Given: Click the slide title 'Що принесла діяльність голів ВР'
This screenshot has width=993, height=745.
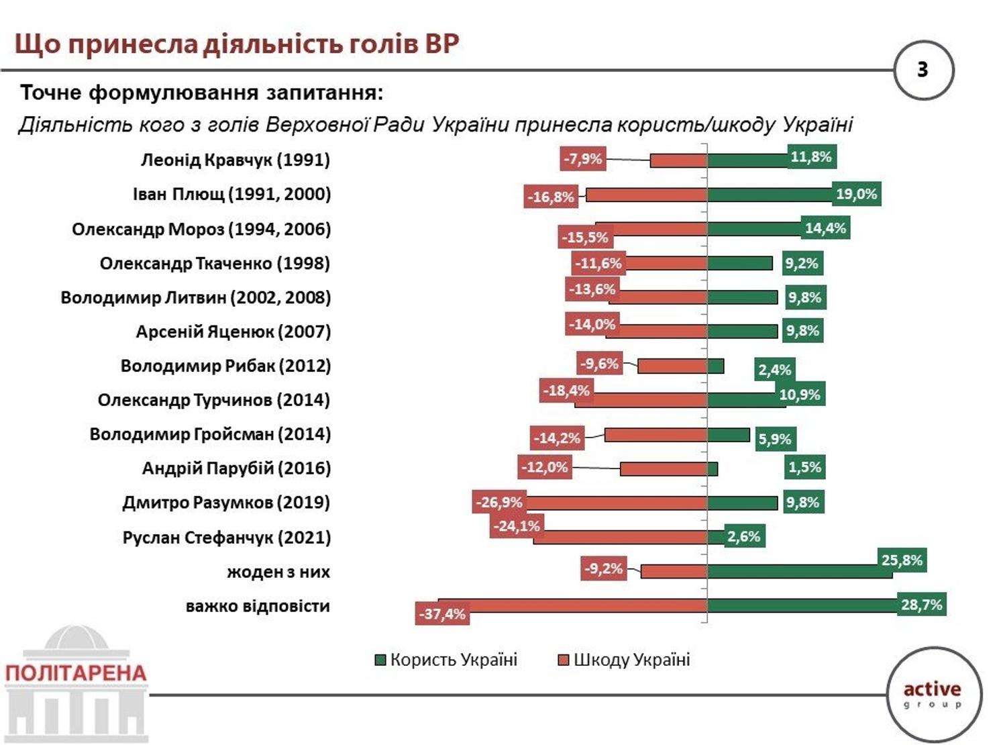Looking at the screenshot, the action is coord(237,45).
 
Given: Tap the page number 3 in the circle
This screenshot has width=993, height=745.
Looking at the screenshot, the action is coord(923,70).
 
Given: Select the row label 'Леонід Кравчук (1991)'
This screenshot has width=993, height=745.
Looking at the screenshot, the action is coord(236,160).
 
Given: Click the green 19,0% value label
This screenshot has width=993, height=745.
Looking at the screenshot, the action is coord(856,194).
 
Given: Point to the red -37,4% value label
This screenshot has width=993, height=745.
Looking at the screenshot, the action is coord(442,614).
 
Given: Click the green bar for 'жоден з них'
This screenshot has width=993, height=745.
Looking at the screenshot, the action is coord(800,572).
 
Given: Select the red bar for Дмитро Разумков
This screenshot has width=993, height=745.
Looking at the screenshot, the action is coord(616,503).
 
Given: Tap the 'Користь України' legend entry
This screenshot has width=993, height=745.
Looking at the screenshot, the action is coord(446,660).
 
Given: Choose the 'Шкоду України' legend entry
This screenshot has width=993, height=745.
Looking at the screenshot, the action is coord(624,660).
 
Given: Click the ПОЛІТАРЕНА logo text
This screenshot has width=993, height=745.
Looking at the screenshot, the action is coord(76,673).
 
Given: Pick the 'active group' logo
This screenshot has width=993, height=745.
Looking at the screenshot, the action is coord(933,696).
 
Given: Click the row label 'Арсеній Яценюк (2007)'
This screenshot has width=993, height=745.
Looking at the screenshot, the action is coord(233,332).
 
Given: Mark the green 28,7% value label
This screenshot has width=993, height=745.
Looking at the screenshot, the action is coord(921,604).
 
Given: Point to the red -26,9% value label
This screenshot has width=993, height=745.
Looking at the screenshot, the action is coord(499,502).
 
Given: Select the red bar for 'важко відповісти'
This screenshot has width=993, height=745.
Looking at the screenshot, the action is coord(573,605).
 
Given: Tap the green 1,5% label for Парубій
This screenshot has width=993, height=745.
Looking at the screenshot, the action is coord(805,467).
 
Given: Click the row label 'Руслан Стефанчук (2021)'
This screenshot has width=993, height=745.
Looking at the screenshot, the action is coord(227,538).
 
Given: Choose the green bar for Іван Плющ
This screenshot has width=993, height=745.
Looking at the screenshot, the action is coord(770,195).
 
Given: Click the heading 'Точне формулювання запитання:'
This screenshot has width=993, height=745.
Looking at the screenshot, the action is coord(202,93).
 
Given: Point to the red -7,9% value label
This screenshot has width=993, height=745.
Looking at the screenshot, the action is coord(582,159).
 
